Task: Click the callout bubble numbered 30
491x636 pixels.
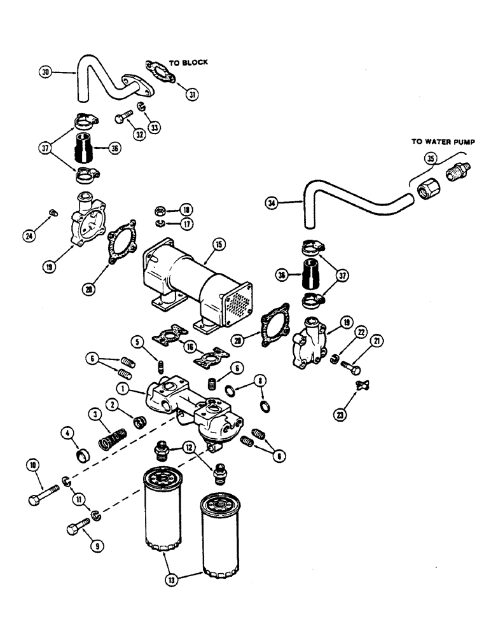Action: (x=45, y=73)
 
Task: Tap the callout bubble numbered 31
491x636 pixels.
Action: (x=191, y=94)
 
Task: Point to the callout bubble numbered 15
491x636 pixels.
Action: (x=218, y=244)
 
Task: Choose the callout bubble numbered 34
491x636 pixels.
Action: (x=272, y=204)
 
